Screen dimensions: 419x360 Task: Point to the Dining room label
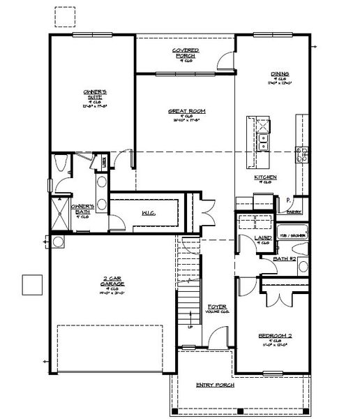click(280, 73)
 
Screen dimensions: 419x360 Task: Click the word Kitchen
click(265, 177)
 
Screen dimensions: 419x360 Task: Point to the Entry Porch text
click(214, 385)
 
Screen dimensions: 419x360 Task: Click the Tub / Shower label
click(291, 235)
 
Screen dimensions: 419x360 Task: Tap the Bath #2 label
click(285, 259)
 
